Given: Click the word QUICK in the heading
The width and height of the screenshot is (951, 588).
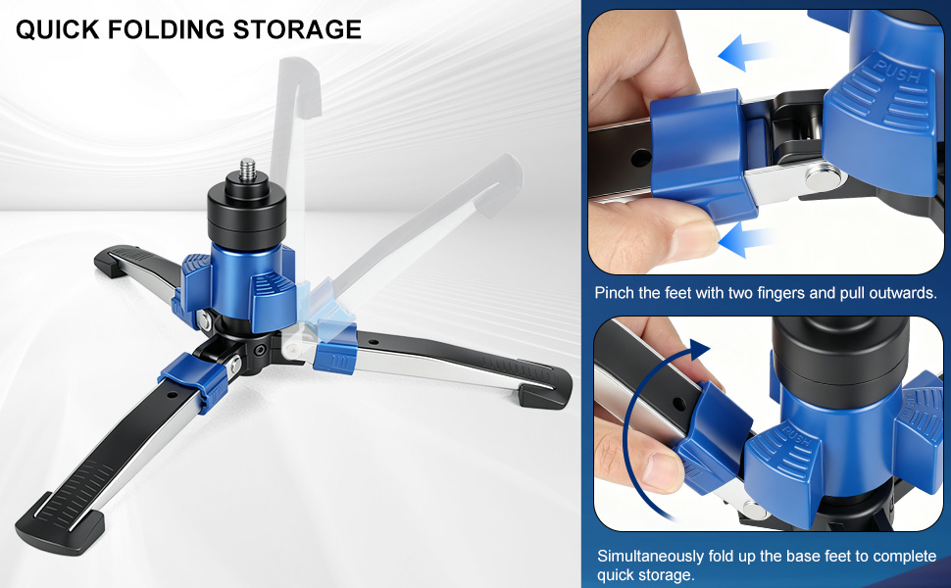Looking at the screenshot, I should click(58, 29).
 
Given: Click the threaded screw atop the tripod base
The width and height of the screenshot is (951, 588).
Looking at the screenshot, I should click(246, 171).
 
